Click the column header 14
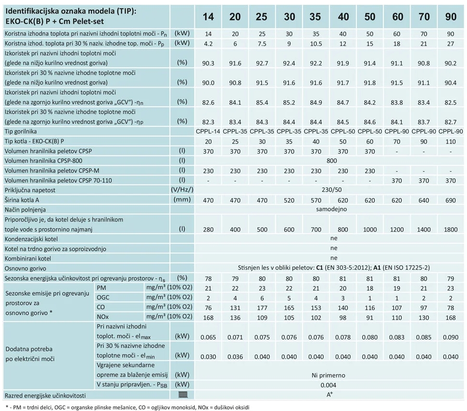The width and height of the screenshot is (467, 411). (208, 17)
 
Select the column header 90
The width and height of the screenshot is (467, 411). (451, 17)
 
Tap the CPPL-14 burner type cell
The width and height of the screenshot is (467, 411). (208, 132)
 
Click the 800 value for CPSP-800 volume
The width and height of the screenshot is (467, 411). (331, 161)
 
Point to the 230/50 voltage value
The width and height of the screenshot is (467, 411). (331, 190)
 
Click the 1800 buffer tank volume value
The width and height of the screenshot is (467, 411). (451, 229)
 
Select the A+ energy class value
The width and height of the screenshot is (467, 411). (329, 395)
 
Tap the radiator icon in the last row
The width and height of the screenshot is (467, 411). (183, 395)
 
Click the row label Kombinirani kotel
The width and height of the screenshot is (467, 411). (28, 259)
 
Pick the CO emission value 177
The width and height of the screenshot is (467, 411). (262, 308)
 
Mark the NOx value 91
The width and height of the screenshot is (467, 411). (370, 318)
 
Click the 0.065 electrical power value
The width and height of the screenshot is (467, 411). (208, 337)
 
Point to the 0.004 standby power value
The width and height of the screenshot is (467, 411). (328, 385)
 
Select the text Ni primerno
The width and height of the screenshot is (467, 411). (328, 375)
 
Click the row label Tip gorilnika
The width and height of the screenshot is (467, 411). (21, 132)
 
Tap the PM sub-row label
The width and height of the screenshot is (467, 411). (101, 288)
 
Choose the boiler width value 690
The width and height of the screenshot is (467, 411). (451, 200)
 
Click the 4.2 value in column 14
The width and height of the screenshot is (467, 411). (208, 44)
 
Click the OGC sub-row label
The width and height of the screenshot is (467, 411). (103, 297)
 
